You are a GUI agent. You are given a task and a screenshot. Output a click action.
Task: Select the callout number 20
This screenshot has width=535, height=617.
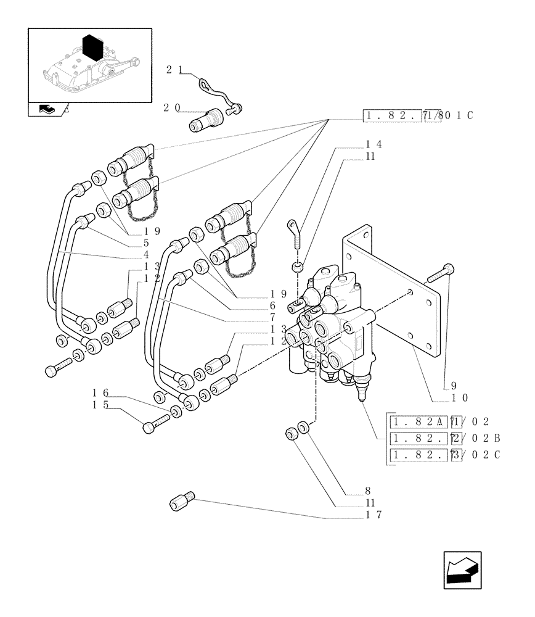(171, 107)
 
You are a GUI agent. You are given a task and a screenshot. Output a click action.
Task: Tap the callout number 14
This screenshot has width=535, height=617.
(374, 144)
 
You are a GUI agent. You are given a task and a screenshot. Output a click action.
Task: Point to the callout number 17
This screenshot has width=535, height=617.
(374, 515)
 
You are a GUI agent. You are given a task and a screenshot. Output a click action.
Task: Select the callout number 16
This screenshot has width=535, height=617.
(100, 393)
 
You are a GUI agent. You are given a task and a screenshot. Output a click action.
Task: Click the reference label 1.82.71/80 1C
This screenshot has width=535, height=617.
(419, 115)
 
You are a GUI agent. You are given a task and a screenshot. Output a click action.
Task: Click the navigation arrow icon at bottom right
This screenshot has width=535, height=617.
(462, 570)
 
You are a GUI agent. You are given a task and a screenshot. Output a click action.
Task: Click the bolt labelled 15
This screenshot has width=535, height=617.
(156, 424)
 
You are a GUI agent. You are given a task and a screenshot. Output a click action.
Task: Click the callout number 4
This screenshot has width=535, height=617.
(147, 254)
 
